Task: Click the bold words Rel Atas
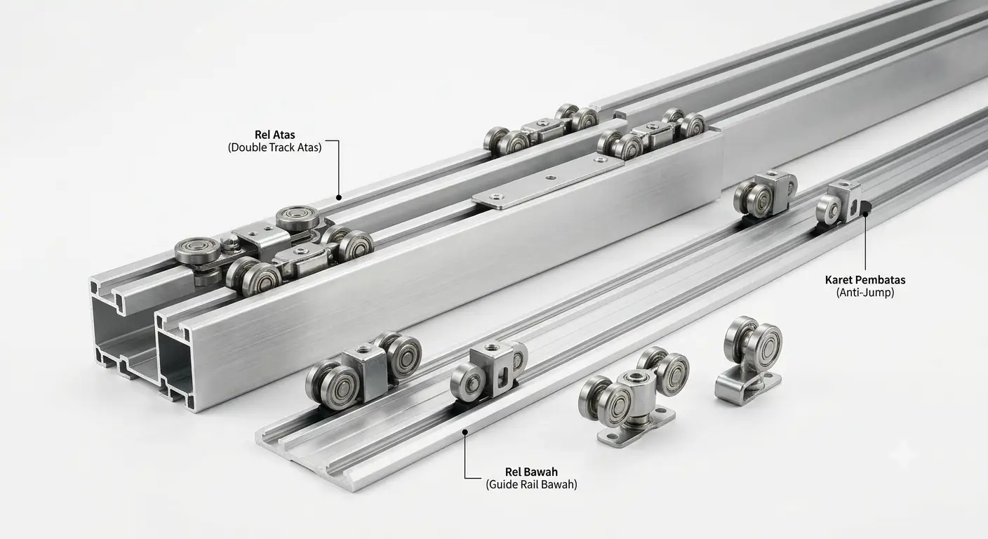pos(275,135)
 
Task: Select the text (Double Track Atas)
pos(275,147)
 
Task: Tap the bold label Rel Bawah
pos(531,472)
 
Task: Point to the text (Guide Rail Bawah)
pos(531,484)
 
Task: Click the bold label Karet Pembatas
pos(865,279)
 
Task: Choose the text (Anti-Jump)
pos(865,293)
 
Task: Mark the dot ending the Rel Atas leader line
pos(339,198)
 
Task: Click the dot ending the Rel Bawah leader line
pos(465,432)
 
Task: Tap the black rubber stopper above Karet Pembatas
pos(865,206)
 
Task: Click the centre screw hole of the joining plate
pos(549,178)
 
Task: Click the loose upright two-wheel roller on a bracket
pos(749,359)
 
